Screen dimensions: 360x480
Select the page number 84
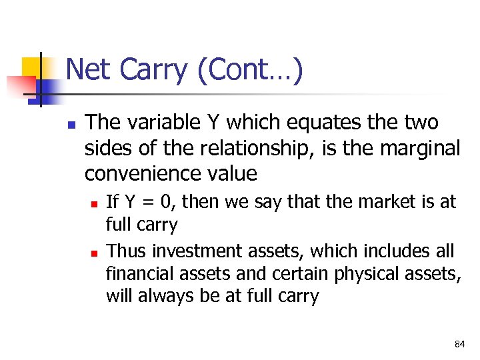459,344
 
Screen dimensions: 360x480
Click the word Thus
127,251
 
